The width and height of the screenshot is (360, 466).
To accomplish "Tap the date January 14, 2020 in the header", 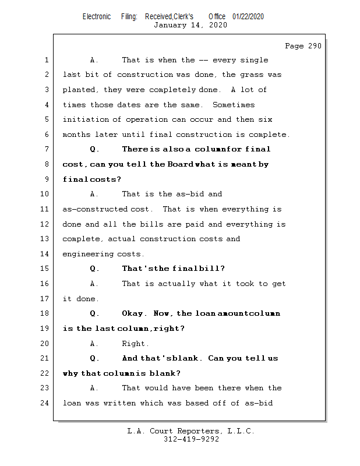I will point(190,25).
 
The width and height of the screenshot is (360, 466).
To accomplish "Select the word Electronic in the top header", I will point(97,16).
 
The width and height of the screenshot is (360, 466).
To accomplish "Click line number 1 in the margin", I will point(46,60).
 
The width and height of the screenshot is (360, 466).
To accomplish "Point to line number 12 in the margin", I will point(44,224).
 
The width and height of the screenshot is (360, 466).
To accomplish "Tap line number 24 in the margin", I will point(44,403).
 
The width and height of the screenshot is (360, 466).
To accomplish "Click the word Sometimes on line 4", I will point(234,105).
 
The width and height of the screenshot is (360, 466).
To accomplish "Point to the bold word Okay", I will point(134,313).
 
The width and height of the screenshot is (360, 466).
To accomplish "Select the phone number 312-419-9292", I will point(191,439).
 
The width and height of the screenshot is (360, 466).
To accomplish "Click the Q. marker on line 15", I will point(94,269).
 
